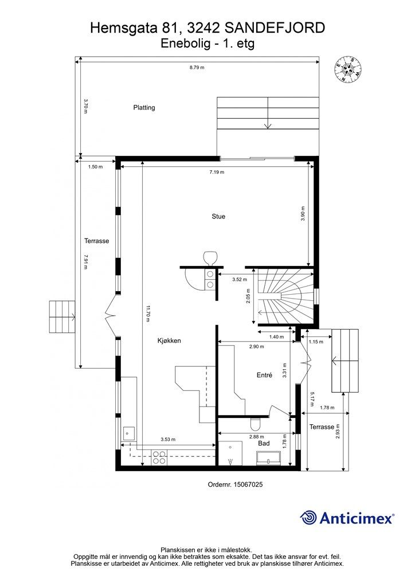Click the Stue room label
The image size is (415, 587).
tap(218, 216)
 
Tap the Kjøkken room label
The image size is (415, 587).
tap(169, 341)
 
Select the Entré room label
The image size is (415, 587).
tap(264, 375)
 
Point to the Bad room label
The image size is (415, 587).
tap(264, 443)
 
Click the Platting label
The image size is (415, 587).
tap(144, 108)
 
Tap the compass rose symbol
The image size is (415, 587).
tap(348, 69)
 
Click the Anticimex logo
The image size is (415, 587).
tap(347, 518)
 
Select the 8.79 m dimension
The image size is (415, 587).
tap(197, 68)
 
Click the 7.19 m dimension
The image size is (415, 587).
tap(217, 172)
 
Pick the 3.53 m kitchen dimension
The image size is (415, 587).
tap(167, 440)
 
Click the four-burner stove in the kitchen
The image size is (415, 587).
tap(159, 457)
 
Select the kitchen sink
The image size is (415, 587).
tap(129, 434)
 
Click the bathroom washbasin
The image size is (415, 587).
tap(269, 458)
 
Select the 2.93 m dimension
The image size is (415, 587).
tap(338, 431)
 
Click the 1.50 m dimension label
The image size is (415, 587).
tap(95, 167)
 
